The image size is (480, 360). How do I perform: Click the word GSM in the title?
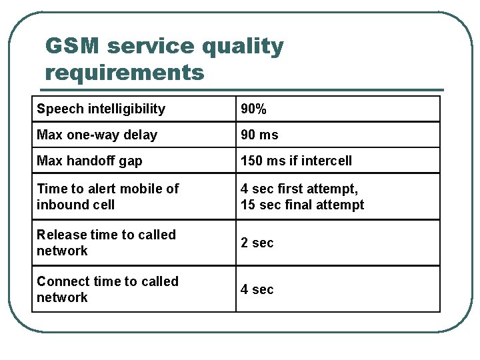tap(72, 47)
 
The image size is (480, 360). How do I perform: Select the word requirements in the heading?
tap(125, 71)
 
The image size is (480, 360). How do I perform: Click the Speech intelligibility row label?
tap(101, 109)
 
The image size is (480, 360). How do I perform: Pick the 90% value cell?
tap(254, 109)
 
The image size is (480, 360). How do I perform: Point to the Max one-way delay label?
tap(97, 135)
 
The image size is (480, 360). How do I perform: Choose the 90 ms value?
tap(259, 135)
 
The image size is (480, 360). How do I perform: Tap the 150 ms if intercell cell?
tap(296, 161)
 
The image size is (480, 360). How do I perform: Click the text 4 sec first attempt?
tap(299, 189)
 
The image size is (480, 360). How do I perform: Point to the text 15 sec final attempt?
tap(302, 205)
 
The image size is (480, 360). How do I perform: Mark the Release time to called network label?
tap(106, 243)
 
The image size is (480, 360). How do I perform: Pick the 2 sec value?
tap(257, 243)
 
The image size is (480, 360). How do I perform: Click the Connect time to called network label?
tap(107, 289)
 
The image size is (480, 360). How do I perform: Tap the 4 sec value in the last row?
tap(257, 289)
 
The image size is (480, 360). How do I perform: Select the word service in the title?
tap(150, 47)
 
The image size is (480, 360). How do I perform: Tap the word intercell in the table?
tap(325, 161)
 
